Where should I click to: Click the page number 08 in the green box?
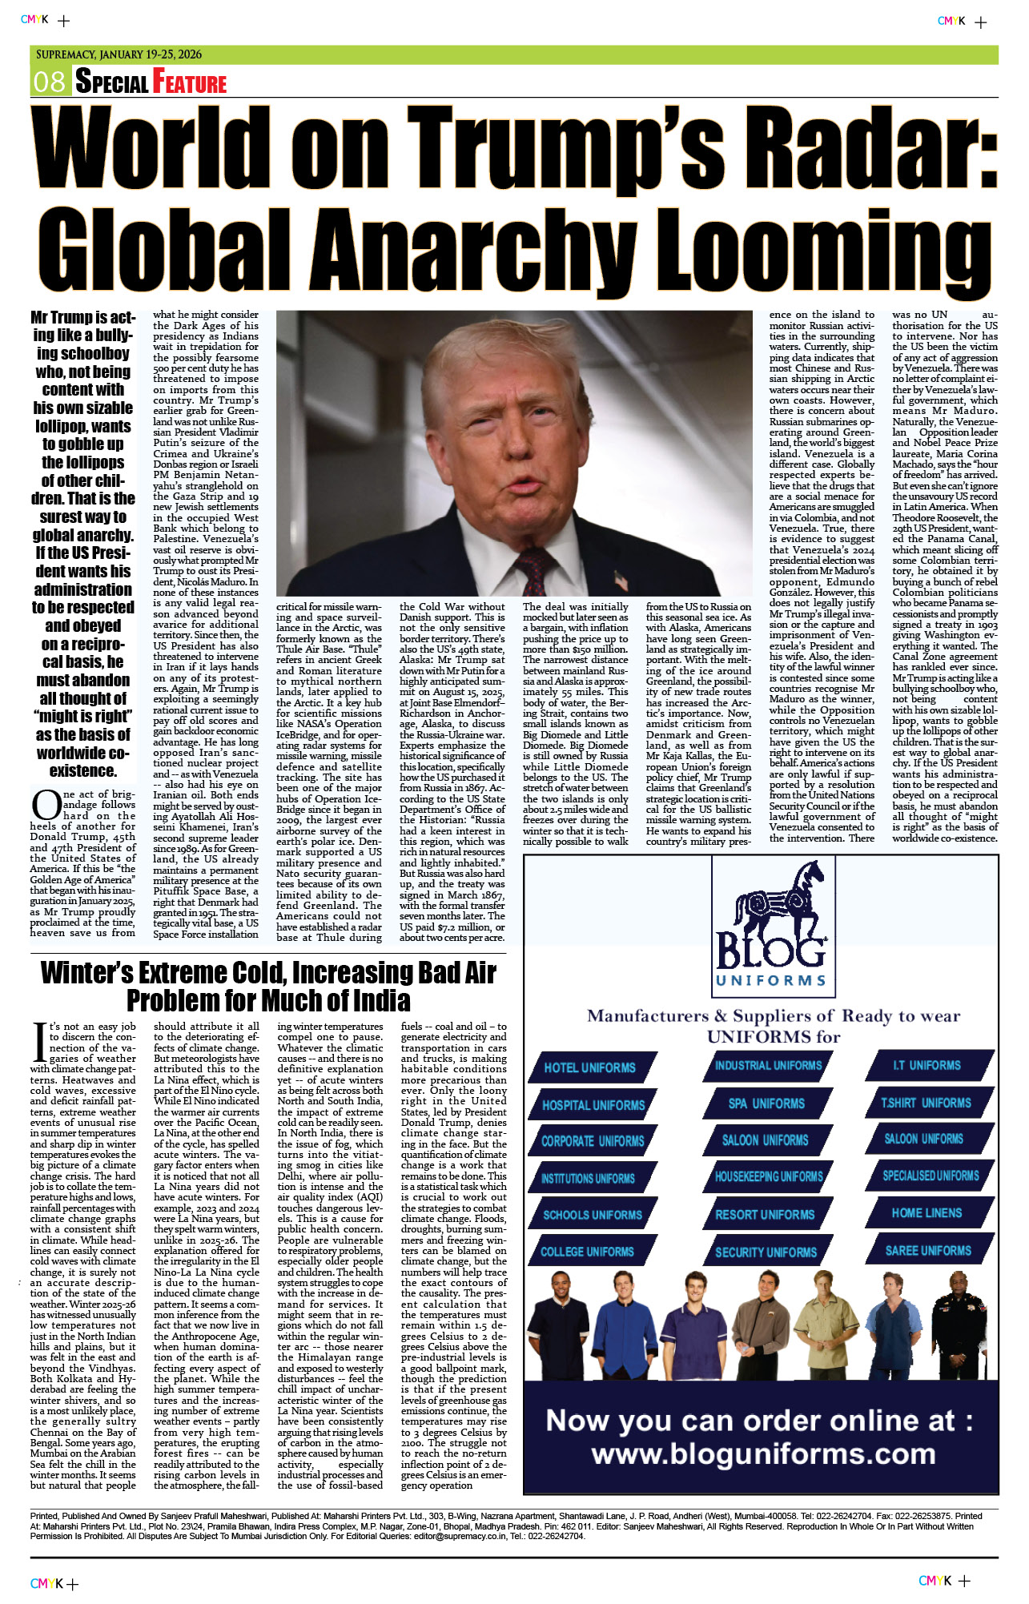tap(49, 82)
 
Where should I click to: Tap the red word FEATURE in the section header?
tap(190, 82)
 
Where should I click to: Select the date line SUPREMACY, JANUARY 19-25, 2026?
tap(119, 54)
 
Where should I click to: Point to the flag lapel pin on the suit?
tap(621, 579)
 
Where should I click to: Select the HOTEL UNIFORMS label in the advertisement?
tap(589, 1067)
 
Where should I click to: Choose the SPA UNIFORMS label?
tap(766, 1104)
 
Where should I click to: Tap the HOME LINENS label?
tap(927, 1212)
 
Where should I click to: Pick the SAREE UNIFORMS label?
tap(928, 1250)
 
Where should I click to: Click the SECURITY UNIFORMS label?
tap(766, 1252)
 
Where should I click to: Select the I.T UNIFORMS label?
tap(927, 1065)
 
